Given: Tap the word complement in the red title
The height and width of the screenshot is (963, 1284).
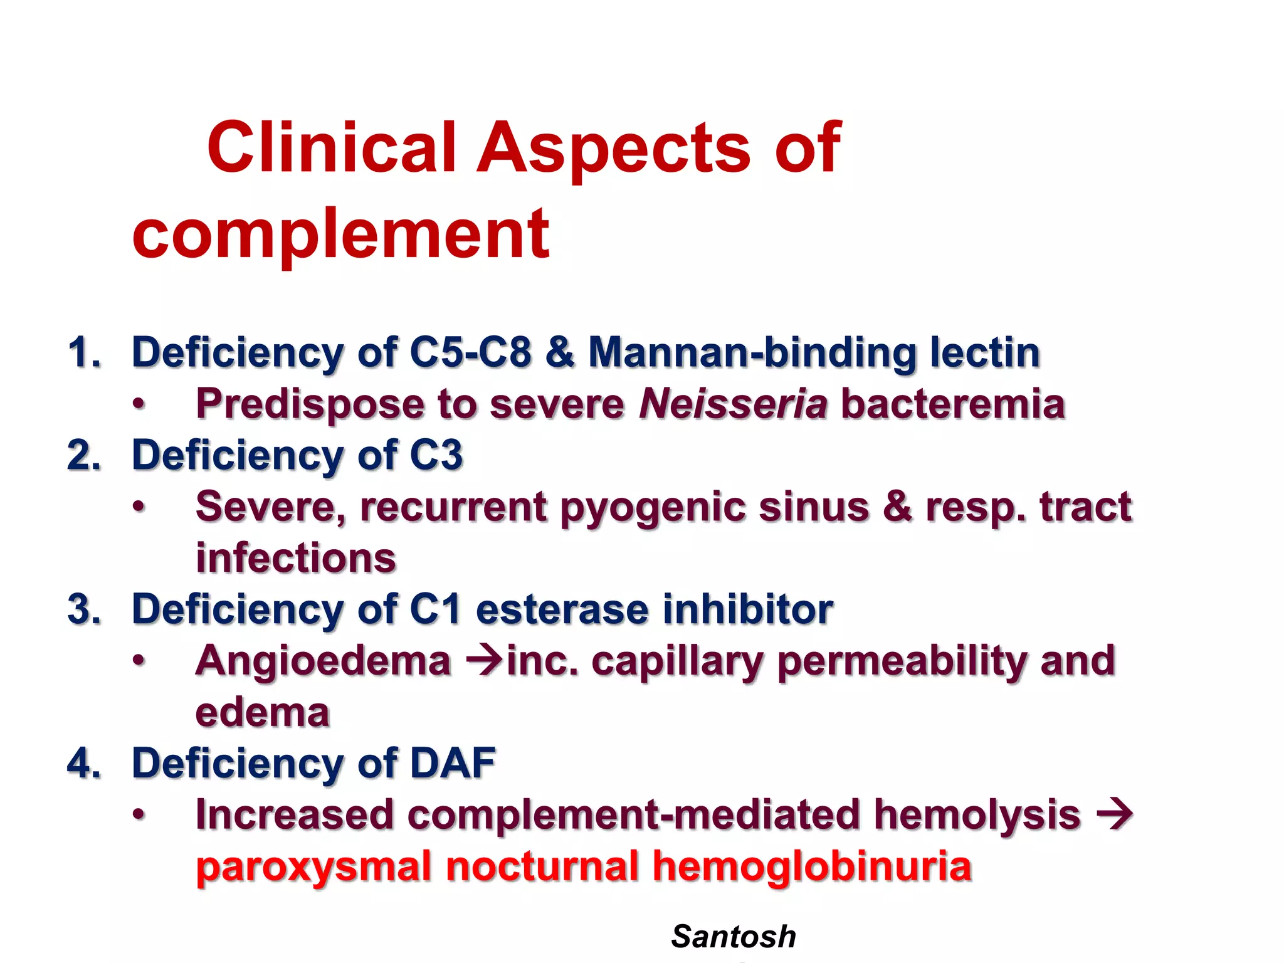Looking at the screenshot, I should [x=340, y=234].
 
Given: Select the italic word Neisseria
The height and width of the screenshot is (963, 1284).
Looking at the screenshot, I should [x=733, y=403].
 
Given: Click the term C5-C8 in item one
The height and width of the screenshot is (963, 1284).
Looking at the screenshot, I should [x=470, y=352].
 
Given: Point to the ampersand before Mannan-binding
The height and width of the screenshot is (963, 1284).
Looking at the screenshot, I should [x=560, y=352].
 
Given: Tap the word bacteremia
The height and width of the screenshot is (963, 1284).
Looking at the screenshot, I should [x=952, y=403].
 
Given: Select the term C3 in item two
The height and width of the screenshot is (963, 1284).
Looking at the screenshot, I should [x=436, y=455].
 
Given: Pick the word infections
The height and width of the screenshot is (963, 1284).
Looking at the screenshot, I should [x=296, y=557].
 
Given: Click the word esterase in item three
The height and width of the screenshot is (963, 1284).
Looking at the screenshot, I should [x=562, y=609].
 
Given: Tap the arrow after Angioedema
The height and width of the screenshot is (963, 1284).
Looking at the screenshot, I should [x=485, y=660].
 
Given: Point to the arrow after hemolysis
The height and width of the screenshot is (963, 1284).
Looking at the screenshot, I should [x=1114, y=814].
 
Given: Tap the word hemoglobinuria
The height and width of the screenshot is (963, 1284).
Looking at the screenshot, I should [x=811, y=866].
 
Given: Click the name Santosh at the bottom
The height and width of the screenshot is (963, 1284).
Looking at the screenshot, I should [x=733, y=937].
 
